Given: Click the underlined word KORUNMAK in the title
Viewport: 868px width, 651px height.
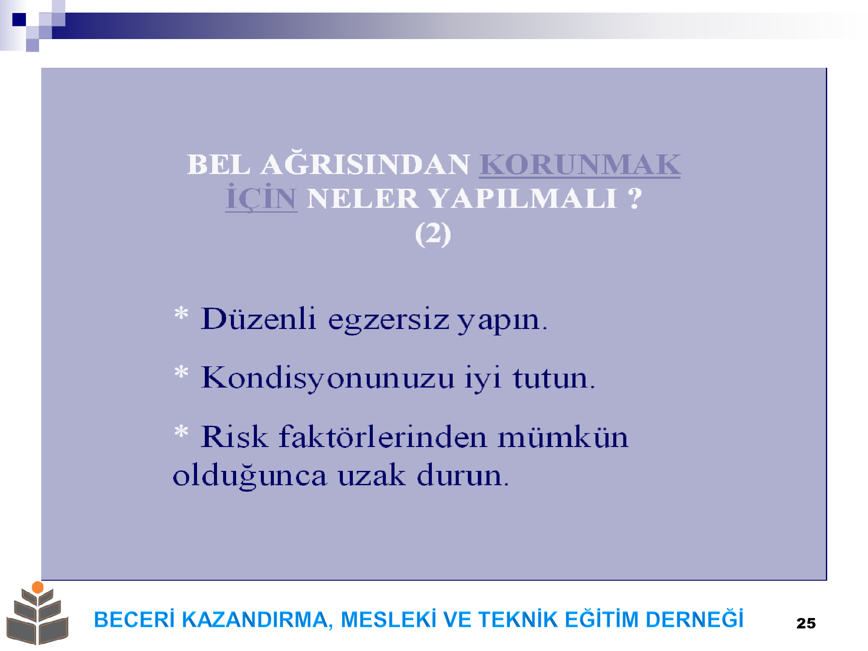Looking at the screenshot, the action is click(580, 165).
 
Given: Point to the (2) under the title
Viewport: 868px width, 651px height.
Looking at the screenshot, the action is click(433, 234).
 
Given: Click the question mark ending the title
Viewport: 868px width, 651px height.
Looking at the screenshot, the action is click(635, 198).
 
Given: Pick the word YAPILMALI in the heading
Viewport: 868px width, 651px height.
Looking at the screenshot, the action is click(523, 199).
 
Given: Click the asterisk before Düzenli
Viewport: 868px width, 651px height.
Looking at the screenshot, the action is click(181, 313).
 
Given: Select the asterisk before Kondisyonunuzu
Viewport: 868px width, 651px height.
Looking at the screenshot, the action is click(181, 372).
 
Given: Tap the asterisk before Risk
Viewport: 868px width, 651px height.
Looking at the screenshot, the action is click(181, 431).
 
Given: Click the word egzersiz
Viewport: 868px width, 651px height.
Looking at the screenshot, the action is click(388, 321).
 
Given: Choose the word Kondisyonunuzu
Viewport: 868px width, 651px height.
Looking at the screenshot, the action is click(328, 378).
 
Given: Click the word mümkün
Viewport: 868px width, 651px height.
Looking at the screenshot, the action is click(563, 437).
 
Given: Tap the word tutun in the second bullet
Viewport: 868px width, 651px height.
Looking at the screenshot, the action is click(550, 378).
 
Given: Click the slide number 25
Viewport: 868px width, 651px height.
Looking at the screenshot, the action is click(806, 623).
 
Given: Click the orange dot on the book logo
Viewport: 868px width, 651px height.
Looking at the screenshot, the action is click(38, 587).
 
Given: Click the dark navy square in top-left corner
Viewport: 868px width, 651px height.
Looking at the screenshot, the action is click(19, 20).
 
